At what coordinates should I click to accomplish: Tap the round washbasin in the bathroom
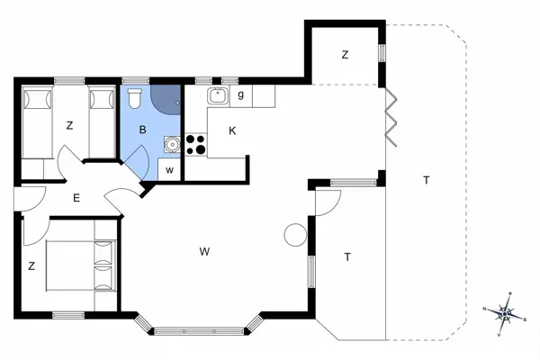click(x=170, y=143)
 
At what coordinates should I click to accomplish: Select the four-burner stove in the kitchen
click(x=196, y=144)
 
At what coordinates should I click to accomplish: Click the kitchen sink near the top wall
click(x=216, y=94)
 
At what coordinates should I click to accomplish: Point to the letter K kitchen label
click(x=232, y=130)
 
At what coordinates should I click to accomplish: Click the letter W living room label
click(x=204, y=251)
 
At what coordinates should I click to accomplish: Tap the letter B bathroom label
click(x=141, y=130)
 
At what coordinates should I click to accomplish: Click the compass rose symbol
click(x=506, y=313)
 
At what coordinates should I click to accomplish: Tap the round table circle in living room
click(x=294, y=235)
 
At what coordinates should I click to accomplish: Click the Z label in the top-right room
click(x=345, y=55)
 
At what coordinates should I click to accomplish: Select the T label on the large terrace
click(x=426, y=181)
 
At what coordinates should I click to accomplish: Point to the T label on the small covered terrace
click(x=346, y=257)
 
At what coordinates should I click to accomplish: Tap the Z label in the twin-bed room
click(x=68, y=126)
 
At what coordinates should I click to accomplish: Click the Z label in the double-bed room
click(x=31, y=265)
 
